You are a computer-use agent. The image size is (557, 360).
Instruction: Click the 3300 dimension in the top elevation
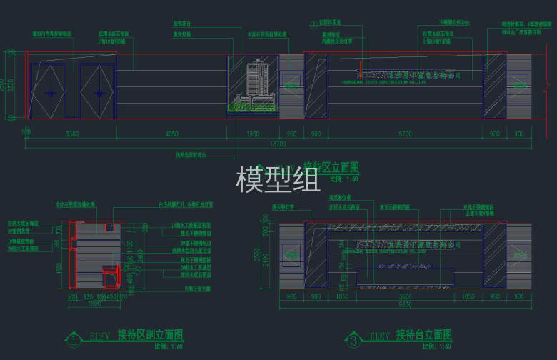coord(72,134)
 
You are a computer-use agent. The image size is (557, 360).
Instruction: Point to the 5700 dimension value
coord(405,134)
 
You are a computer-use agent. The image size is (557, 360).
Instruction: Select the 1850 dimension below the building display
coord(254,134)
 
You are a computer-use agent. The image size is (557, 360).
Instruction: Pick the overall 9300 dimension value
coord(405,304)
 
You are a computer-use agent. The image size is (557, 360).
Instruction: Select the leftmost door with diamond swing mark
coord(51,91)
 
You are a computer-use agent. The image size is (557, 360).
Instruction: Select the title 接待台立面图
coord(424,334)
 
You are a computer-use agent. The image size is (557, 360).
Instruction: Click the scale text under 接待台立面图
coord(432,346)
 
